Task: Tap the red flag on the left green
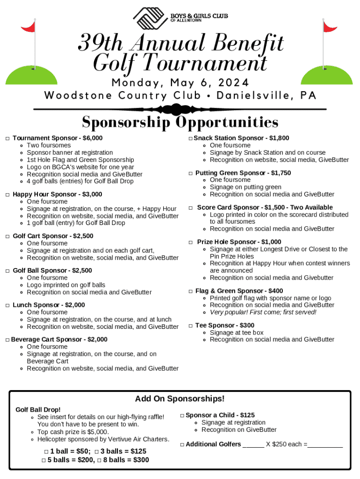tap(29, 27)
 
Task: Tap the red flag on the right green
tap(330, 27)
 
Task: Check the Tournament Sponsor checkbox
tap(7, 138)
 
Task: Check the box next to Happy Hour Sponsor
tap(7, 195)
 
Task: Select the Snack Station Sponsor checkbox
tap(191, 138)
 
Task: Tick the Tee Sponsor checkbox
tap(191, 326)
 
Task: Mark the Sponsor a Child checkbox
tap(182, 415)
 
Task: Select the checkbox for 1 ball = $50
tap(46, 451)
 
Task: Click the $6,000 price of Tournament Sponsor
tap(92, 138)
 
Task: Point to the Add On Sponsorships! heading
tap(180, 399)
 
